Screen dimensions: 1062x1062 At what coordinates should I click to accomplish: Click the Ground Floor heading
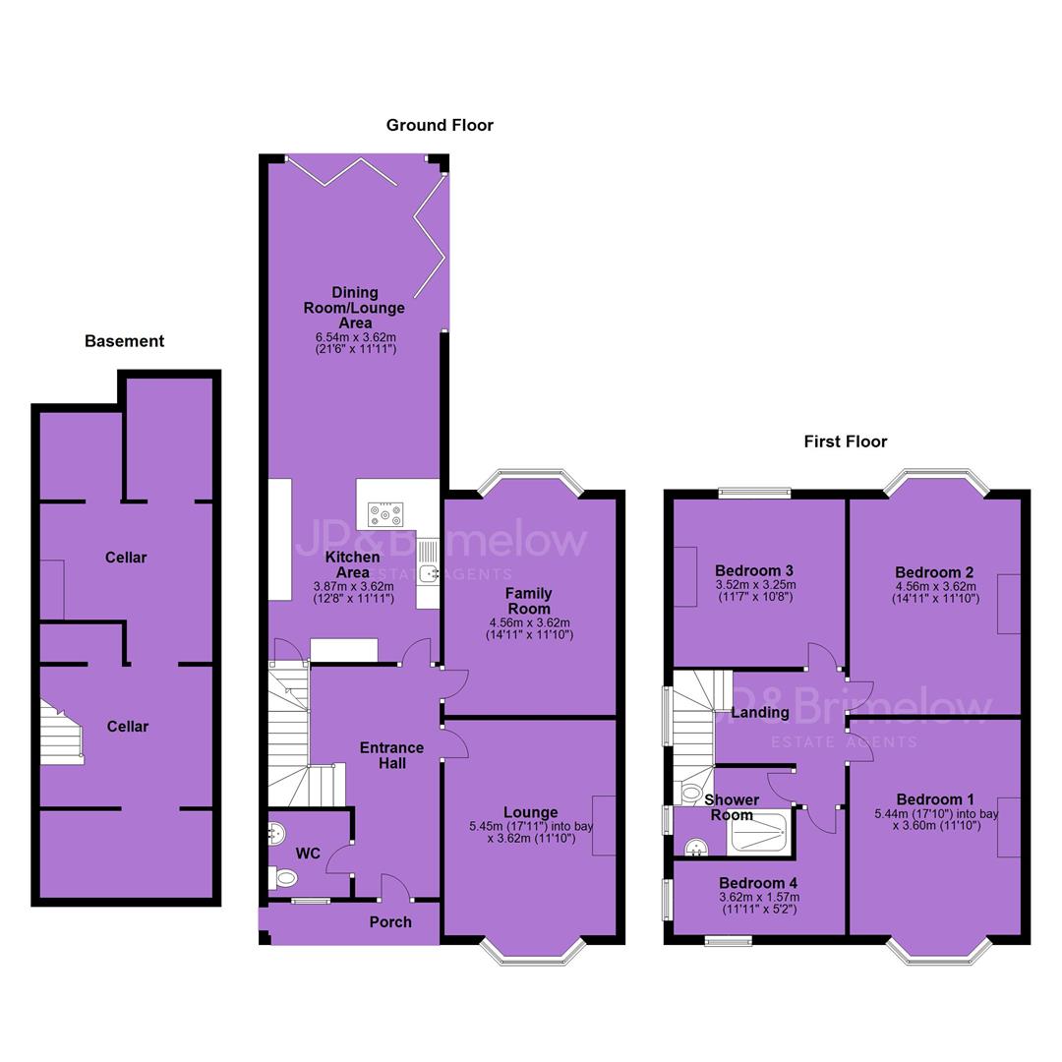coord(440,125)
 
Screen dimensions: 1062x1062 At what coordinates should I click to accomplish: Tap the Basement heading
coord(124,340)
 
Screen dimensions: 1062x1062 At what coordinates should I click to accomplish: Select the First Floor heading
coord(846,442)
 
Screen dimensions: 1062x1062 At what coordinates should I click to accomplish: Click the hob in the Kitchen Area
coord(385,514)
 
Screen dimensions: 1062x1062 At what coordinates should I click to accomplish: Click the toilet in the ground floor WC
coord(283,878)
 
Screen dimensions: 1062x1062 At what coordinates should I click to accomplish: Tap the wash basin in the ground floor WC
coord(276,834)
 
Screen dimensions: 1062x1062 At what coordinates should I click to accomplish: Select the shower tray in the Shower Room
coord(757,833)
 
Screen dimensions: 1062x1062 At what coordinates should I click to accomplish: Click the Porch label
coord(390,921)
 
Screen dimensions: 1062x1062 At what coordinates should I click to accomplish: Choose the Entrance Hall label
coord(392,755)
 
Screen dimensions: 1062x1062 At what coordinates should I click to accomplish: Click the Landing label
coord(760,713)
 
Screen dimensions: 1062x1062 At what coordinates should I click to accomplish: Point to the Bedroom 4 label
coord(758,883)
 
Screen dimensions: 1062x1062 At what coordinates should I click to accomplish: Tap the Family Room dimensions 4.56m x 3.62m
coord(530,623)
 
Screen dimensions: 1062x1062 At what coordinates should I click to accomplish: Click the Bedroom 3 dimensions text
coord(755,591)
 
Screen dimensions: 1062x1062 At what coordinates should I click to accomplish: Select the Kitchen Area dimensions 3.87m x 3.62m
coord(353,586)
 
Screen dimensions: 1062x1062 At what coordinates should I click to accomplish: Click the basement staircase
coord(62,733)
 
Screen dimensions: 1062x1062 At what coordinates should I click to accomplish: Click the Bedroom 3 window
coord(755,493)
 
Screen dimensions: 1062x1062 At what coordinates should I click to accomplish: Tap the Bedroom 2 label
coord(935,572)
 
